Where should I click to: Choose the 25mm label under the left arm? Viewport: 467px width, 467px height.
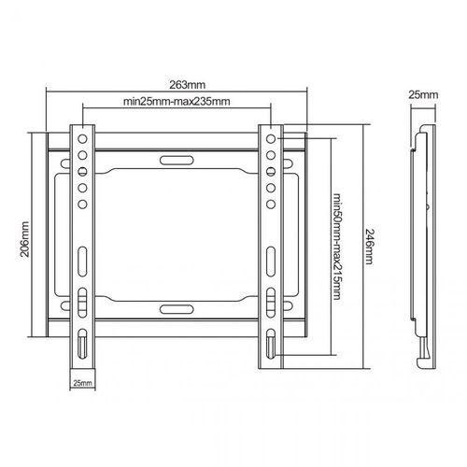click(82, 383)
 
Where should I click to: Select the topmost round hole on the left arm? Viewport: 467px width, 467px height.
click(82, 138)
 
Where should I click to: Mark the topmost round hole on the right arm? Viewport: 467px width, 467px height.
click(271, 138)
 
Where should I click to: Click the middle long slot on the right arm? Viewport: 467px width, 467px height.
click(271, 256)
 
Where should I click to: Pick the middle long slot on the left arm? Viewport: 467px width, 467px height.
click(82, 256)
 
